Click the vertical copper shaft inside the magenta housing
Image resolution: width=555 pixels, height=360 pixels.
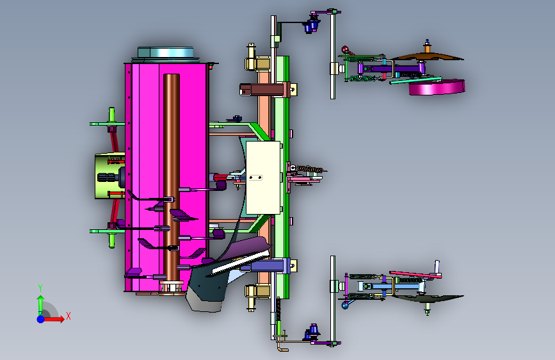172,177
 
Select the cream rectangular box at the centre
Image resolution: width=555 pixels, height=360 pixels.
263,177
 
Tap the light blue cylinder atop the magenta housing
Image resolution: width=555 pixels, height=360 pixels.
166,53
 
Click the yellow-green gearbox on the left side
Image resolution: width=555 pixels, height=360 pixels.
109,176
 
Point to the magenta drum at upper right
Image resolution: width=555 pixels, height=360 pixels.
437,87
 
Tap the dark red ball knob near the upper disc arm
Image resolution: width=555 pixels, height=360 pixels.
345,49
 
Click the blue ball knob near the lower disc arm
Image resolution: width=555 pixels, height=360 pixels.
345,305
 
